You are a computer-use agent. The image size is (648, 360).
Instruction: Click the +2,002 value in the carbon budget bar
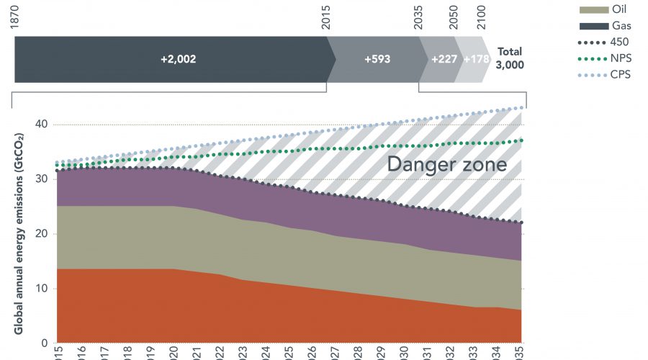click(x=178, y=59)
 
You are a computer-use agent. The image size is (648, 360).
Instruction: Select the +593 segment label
click(x=377, y=59)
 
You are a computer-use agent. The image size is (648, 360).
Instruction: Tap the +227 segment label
click(x=444, y=59)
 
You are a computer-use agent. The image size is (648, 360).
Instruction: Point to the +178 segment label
click(x=476, y=59)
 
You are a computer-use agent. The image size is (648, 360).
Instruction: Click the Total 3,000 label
click(x=510, y=58)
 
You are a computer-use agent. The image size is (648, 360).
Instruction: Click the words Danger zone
click(x=446, y=165)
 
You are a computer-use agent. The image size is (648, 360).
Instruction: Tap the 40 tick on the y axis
click(x=42, y=125)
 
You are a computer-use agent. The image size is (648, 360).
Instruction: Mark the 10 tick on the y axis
click(x=42, y=289)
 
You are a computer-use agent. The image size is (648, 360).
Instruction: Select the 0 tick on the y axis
click(x=45, y=343)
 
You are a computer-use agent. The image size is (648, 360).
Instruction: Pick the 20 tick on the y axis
click(x=42, y=234)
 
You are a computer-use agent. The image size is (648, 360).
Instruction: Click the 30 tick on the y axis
click(x=42, y=179)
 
